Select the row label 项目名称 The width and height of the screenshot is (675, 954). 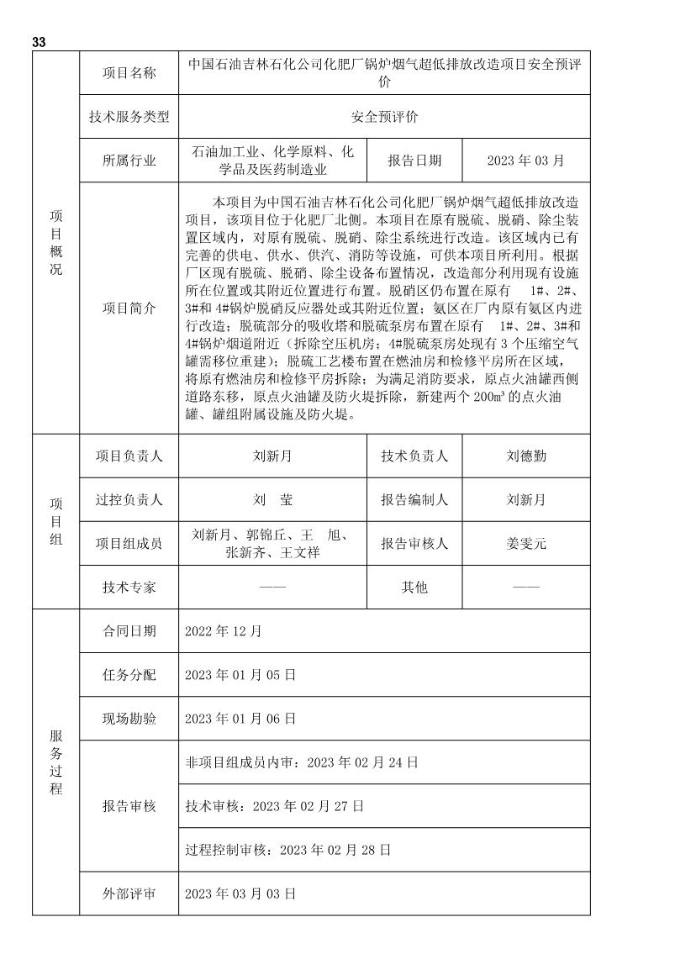(x=129, y=73)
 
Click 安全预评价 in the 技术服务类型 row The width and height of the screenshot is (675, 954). (x=384, y=117)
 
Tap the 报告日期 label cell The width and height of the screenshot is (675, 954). (x=414, y=161)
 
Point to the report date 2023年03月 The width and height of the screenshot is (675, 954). (x=525, y=161)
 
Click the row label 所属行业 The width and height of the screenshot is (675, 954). (x=129, y=161)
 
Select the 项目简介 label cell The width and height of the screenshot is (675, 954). (x=129, y=308)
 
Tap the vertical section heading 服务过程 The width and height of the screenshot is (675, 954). (x=55, y=761)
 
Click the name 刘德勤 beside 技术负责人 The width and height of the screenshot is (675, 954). (x=526, y=456)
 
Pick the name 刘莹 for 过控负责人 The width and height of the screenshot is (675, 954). (x=273, y=500)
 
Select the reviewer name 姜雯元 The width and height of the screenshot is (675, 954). (x=526, y=544)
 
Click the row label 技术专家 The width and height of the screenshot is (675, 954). (x=129, y=587)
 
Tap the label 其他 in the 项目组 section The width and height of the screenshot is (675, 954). (x=414, y=587)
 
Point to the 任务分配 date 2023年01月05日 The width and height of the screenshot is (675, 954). (x=240, y=675)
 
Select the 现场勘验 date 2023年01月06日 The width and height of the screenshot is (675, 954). (x=240, y=719)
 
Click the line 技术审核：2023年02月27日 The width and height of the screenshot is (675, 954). (x=274, y=806)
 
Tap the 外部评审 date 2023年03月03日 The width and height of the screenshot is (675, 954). (x=240, y=893)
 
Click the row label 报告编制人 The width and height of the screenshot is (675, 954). (x=414, y=500)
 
